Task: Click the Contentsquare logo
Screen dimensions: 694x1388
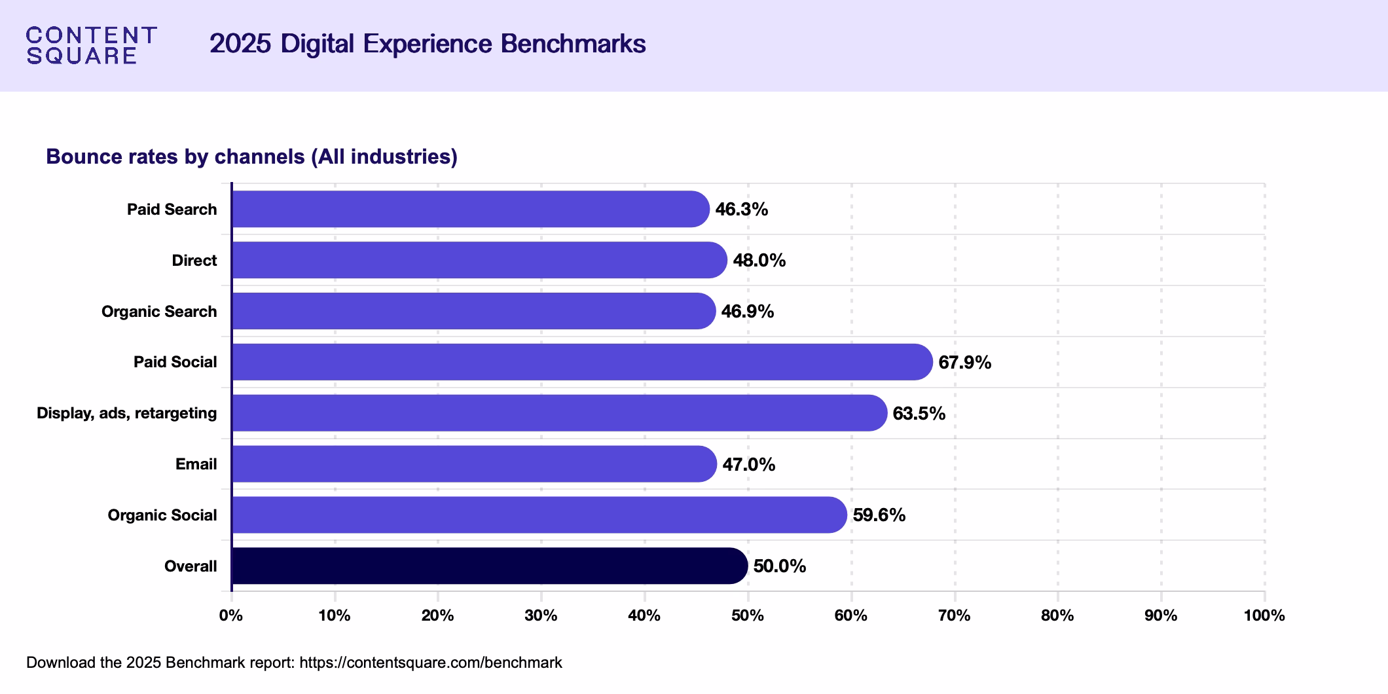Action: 91,45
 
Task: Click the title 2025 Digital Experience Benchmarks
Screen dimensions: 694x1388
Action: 428,44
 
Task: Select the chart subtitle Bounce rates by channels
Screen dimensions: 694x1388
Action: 251,156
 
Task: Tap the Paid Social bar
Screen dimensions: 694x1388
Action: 581,362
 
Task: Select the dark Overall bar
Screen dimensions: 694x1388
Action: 489,566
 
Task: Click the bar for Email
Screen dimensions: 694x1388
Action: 474,464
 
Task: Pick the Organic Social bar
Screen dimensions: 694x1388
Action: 539,515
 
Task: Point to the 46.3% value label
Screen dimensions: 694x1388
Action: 741,210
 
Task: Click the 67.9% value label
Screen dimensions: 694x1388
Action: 964,362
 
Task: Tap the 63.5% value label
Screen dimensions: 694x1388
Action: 919,413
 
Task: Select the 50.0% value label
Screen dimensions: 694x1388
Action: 779,566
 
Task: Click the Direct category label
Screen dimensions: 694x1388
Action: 194,261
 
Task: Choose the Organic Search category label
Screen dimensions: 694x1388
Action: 159,312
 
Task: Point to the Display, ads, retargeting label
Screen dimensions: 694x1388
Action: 126,413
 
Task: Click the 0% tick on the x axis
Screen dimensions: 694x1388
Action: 231,615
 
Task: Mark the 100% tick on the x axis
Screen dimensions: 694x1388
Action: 1264,615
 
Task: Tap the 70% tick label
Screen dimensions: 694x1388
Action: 954,615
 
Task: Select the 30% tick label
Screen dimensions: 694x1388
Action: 541,615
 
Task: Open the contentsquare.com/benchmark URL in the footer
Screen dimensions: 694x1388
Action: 430,663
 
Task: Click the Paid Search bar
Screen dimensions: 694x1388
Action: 470,210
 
